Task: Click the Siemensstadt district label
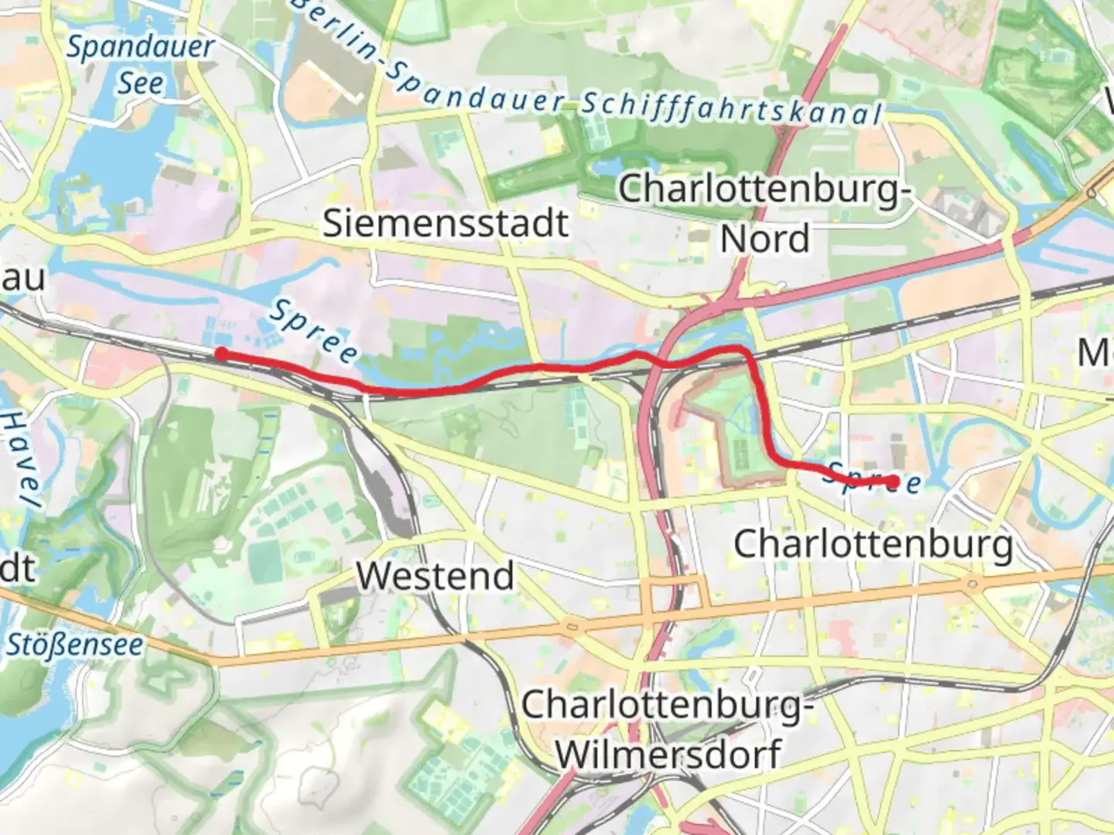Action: click(446, 223)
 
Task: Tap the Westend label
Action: click(435, 576)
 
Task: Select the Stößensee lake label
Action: click(74, 645)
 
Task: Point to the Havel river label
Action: click(19, 459)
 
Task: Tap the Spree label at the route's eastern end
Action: click(872, 478)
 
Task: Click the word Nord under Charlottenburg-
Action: click(764, 239)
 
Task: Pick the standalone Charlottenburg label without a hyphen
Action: click(873, 544)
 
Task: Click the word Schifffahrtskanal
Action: click(731, 110)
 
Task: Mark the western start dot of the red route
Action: click(221, 354)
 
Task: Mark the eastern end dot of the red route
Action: click(894, 482)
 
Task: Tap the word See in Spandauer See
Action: click(140, 83)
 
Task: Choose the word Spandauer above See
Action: click(140, 48)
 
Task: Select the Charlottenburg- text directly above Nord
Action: click(764, 189)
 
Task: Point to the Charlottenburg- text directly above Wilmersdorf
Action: click(667, 705)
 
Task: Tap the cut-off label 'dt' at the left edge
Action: click(17, 570)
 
